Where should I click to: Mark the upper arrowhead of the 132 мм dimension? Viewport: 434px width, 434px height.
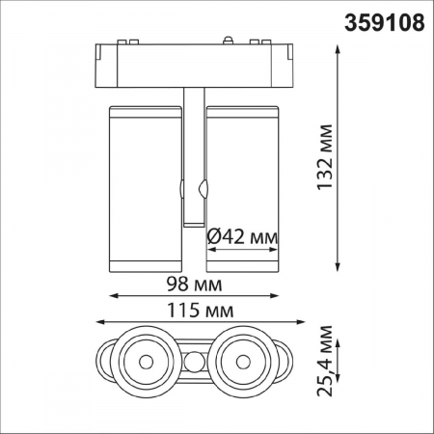click(x=339, y=47)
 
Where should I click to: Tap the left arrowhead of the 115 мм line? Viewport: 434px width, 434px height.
click(x=99, y=324)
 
